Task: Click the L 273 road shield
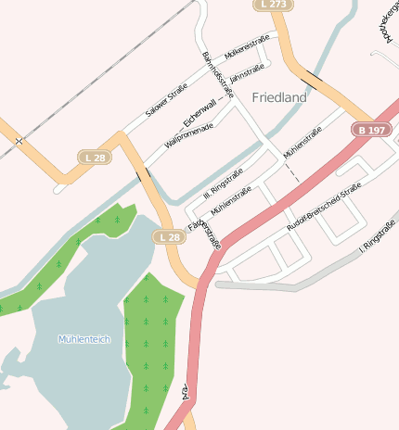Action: click(274, 5)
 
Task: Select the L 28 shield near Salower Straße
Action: click(95, 158)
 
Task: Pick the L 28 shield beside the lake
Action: click(168, 237)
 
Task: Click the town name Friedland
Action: click(278, 96)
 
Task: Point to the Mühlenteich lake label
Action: click(84, 339)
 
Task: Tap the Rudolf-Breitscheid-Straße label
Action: click(323, 207)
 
